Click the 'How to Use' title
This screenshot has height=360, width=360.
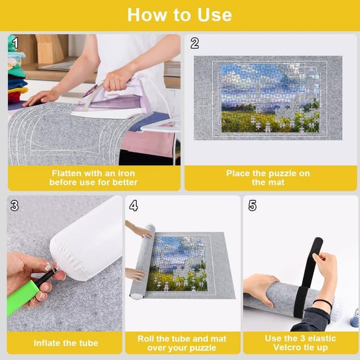[x=179, y=15]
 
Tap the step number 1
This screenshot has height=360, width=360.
[x=15, y=43]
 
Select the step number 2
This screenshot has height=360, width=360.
[x=195, y=43]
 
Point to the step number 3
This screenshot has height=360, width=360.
[x=15, y=205]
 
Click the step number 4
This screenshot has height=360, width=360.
[x=133, y=205]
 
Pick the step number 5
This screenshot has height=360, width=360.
[x=252, y=205]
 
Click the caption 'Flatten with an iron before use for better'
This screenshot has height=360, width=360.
[x=93, y=178]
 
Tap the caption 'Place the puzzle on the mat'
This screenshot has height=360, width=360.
[x=268, y=178]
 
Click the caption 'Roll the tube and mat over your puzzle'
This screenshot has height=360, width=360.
[x=181, y=343]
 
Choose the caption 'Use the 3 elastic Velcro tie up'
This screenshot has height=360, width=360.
[x=300, y=343]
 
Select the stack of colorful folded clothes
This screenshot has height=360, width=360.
[x=17, y=73]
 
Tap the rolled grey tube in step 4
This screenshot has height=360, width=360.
[x=141, y=262]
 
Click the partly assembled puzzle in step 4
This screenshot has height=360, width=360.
[x=177, y=262]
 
